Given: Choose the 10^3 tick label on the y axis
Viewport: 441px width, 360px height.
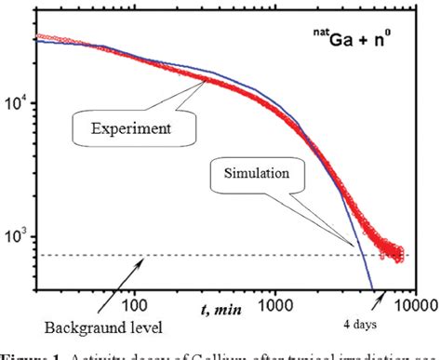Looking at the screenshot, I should click(x=18, y=238).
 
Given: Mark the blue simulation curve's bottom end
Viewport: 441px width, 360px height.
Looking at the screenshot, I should click(x=371, y=287).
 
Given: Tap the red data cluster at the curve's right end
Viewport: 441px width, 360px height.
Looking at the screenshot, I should click(x=398, y=249).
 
